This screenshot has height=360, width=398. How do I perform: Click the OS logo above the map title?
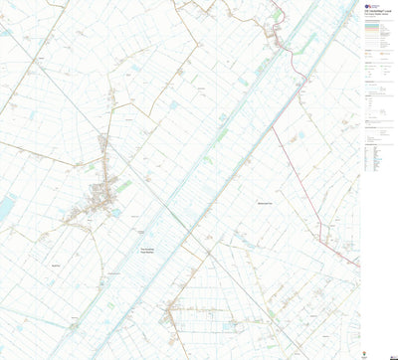click(368, 6)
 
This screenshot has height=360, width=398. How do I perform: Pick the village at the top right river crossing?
click(274, 38)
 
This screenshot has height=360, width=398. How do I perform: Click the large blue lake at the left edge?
click(7, 207)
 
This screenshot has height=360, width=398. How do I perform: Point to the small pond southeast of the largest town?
click(117, 212)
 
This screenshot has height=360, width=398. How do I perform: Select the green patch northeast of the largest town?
click(123, 184)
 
